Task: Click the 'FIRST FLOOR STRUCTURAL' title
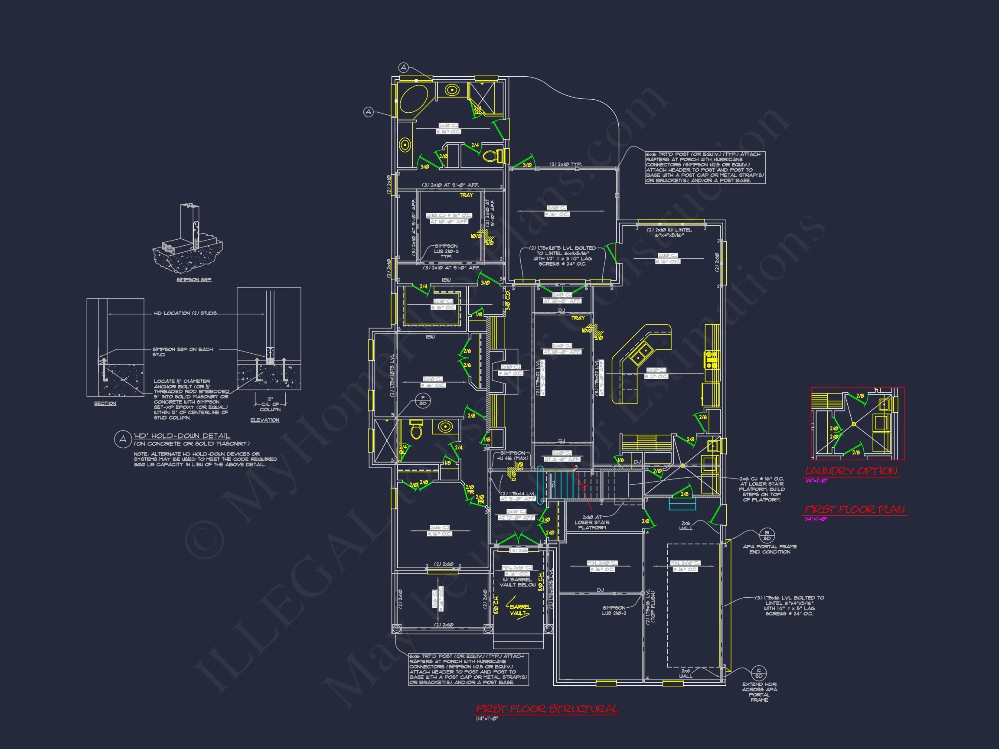tap(546, 709)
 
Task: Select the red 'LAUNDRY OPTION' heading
tap(851, 471)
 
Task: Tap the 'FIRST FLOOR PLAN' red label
tap(855, 510)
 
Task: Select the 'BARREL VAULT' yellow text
tap(520, 610)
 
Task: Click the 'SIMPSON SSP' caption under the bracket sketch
tap(194, 280)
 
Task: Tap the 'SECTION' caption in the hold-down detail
tap(105, 403)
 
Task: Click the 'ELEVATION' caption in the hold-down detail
tap(264, 420)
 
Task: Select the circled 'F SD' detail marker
tap(423, 401)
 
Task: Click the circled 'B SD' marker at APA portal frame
tap(767, 535)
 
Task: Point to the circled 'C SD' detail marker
tap(759, 673)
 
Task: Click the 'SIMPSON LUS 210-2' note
tap(614, 610)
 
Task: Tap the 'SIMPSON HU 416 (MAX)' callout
tap(512, 456)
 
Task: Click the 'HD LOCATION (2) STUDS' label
tap(185, 313)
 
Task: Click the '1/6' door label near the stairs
tap(620, 459)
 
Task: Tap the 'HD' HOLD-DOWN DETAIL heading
tap(182, 436)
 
